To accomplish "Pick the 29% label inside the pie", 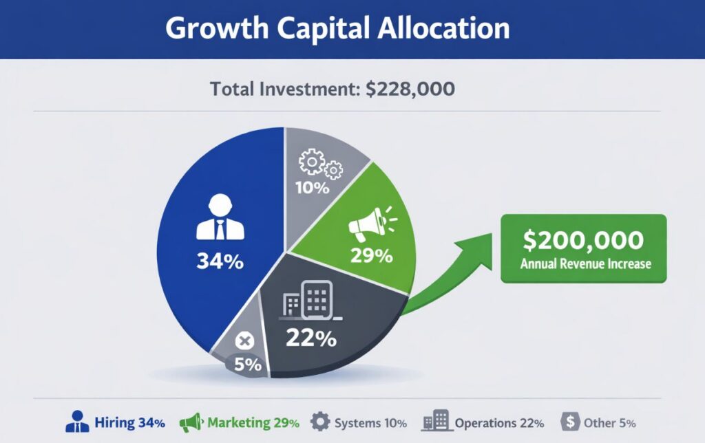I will [x=371, y=256].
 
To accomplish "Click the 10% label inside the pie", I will [x=313, y=188].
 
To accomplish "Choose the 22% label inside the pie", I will [x=311, y=338].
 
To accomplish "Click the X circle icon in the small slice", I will [x=244, y=341].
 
